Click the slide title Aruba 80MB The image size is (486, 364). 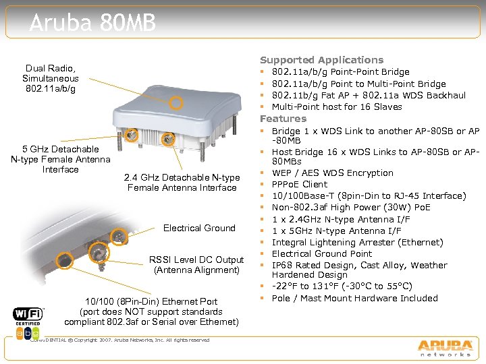coord(92,24)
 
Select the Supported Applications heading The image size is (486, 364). coord(321,60)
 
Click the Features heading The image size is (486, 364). coord(283,119)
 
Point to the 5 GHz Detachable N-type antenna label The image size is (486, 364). coord(60,159)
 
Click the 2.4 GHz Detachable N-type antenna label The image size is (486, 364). coord(182,183)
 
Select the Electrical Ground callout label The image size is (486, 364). coord(199,228)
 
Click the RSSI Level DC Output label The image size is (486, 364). coord(196,265)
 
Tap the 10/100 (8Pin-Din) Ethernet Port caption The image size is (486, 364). coord(151,311)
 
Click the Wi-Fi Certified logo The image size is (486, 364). coord(28,322)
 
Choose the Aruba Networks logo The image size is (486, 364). coord(444,346)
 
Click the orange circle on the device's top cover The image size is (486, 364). coord(175,103)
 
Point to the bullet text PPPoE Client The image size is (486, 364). coord(299,184)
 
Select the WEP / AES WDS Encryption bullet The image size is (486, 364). coord(332,173)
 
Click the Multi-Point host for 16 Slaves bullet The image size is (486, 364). coord(336,107)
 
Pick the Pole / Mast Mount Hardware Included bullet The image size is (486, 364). coord(354,298)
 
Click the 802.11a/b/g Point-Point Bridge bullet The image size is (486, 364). coord(340,71)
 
